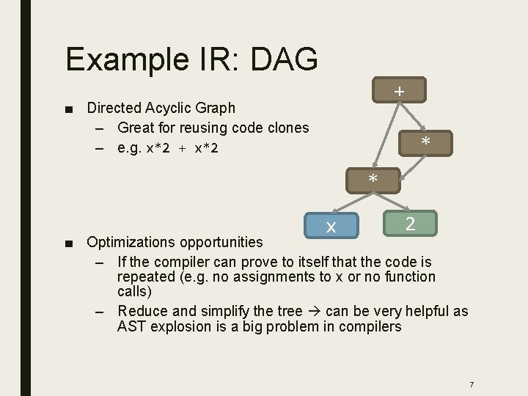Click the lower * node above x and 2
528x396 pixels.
(x=373, y=180)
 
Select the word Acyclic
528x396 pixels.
(x=171, y=108)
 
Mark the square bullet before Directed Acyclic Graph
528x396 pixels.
(x=69, y=109)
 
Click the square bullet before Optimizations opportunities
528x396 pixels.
(x=69, y=243)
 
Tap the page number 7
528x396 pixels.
(x=471, y=384)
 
